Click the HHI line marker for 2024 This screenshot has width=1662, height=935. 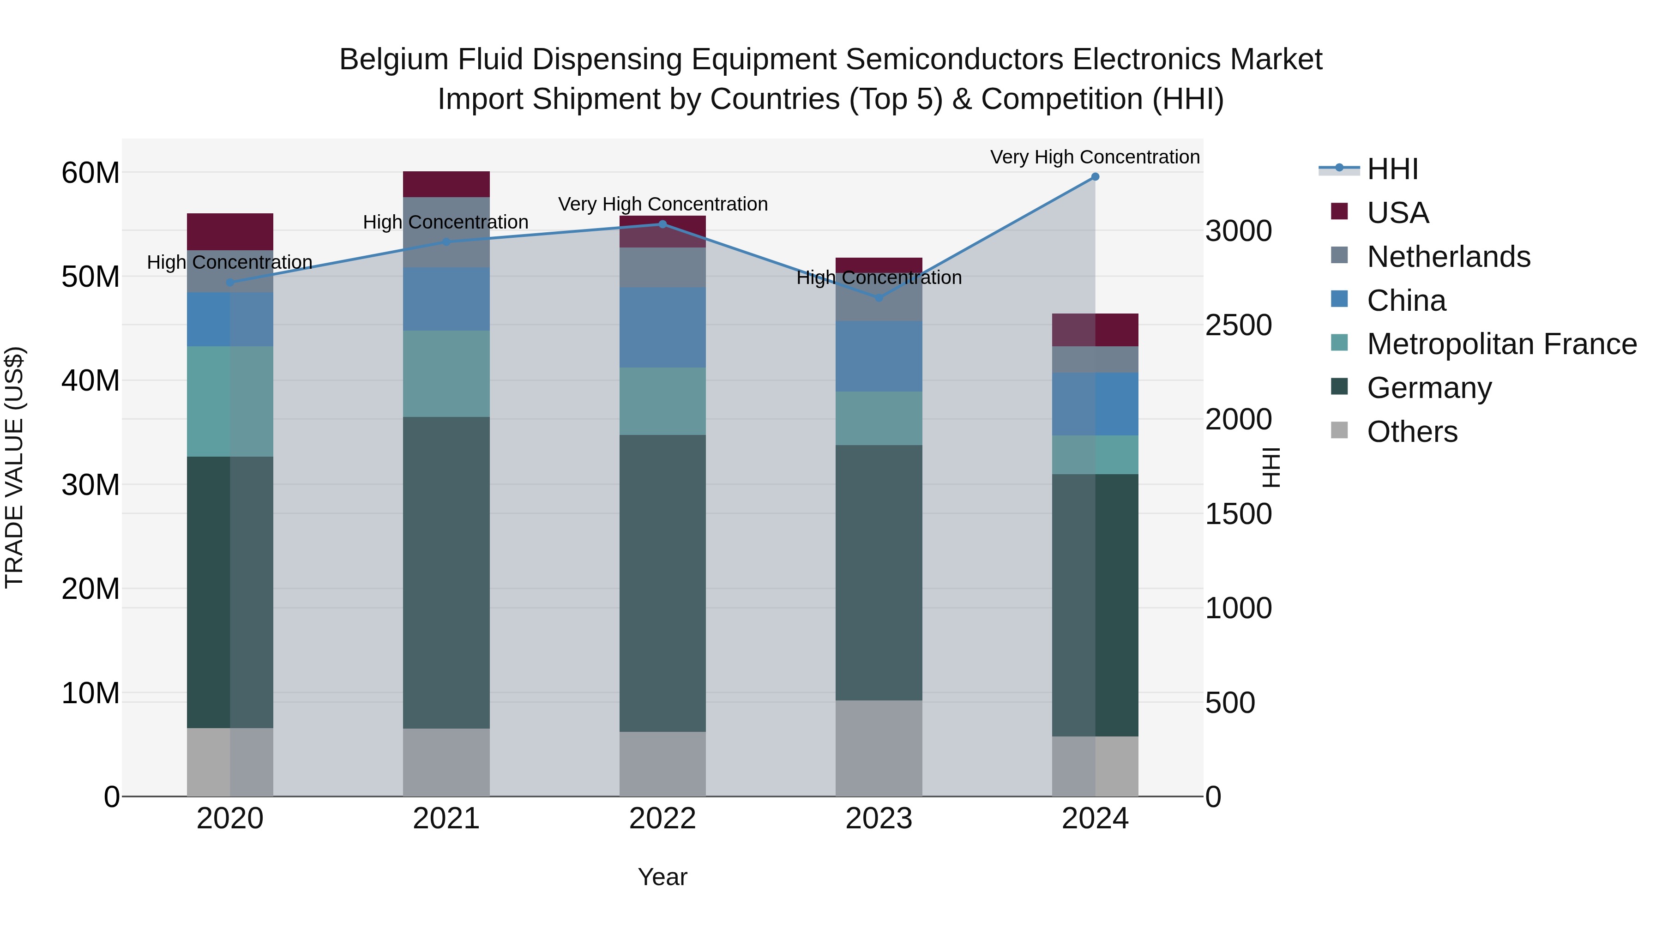pos(1095,177)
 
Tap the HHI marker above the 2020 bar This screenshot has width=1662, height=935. pos(230,283)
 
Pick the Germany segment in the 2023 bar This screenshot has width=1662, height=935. pos(878,573)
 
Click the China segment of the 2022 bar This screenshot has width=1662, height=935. pos(662,328)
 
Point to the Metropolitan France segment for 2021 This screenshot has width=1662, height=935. pos(446,374)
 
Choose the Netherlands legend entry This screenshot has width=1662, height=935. pos(1448,257)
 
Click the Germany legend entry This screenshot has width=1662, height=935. pos(1428,388)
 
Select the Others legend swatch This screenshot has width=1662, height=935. pos(1339,430)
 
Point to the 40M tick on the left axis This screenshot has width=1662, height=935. pos(90,381)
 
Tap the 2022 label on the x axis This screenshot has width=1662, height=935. pos(662,819)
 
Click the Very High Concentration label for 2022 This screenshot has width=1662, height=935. pos(662,205)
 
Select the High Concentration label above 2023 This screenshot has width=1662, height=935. pos(879,278)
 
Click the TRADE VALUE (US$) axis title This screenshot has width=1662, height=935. pos(14,467)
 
